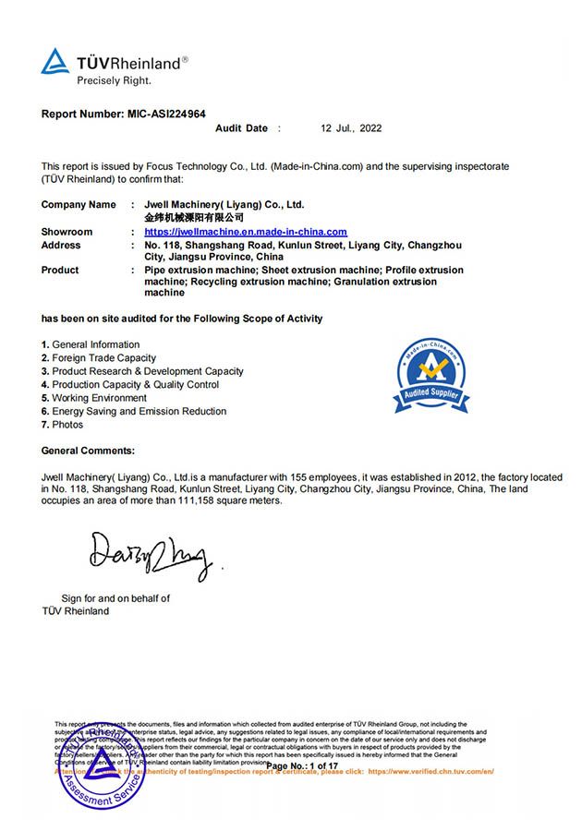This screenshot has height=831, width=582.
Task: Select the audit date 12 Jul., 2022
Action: point(351,128)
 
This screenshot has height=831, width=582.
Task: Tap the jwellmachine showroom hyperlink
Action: point(246,232)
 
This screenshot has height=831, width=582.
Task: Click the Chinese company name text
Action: point(194,217)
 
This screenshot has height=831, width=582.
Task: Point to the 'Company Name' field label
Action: point(79,204)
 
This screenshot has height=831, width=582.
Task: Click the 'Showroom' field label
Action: point(67,232)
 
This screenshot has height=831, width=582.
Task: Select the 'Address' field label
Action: point(61,245)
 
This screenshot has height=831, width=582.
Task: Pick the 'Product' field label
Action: point(60,270)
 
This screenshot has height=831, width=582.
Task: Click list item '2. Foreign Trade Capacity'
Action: point(99,357)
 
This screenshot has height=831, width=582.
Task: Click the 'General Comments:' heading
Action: point(88,450)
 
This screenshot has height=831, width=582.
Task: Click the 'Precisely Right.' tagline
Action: point(113,80)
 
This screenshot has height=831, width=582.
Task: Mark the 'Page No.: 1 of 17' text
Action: point(302,766)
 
